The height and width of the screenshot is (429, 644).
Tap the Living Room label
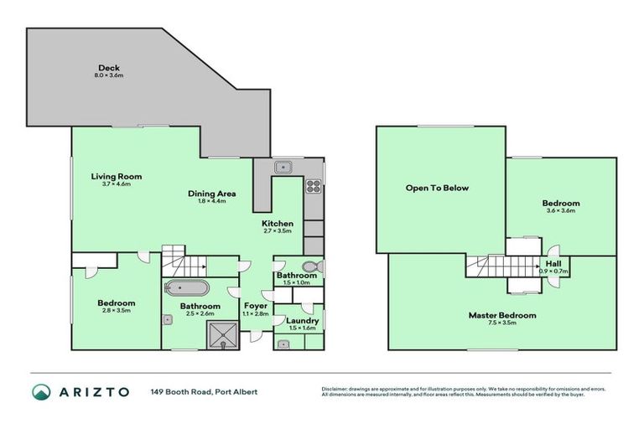pos(117,177)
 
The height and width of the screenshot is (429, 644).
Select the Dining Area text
pos(210,194)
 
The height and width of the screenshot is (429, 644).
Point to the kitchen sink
pos(285,166)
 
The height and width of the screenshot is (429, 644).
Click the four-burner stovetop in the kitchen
pos(314,187)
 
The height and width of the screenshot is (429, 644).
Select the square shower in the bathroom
pos(224,334)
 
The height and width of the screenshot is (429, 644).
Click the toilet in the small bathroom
pos(311,267)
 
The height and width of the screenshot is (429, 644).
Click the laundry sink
pos(282,343)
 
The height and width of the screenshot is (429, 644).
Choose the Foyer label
pos(256,306)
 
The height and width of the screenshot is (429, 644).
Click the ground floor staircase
pos(175,259)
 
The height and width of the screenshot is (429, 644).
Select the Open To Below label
pos(437,188)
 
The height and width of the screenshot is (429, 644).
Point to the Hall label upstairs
pos(553,263)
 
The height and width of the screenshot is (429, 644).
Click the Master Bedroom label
pos(501,315)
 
